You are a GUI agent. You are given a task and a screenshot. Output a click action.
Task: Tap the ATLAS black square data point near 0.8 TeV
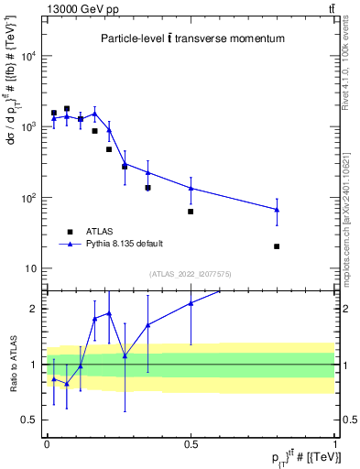click(x=277, y=246)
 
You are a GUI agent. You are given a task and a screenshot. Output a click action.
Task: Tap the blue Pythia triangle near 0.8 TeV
click(x=277, y=210)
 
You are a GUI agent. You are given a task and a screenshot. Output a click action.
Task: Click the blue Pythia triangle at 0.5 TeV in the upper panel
click(x=191, y=188)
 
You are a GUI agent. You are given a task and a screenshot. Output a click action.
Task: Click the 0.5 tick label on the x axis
click(x=191, y=444)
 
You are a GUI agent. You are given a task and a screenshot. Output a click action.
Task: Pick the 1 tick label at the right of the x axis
click(x=334, y=444)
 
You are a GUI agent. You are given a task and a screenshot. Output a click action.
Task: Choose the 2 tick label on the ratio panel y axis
click(x=36, y=309)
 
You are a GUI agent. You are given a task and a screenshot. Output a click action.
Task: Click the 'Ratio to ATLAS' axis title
click(x=12, y=365)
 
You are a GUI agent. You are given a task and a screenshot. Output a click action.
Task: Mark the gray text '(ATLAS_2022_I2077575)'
click(x=191, y=273)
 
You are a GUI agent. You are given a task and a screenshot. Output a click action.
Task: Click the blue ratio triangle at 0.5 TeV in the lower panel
click(x=191, y=303)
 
